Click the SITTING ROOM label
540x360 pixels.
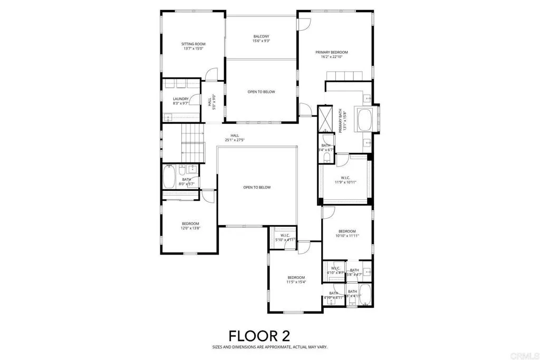(x=193, y=44)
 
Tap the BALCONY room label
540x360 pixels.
(x=262, y=37)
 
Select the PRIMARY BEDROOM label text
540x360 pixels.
(x=332, y=52)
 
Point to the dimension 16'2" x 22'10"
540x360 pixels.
(x=332, y=57)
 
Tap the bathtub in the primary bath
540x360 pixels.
(x=365, y=120)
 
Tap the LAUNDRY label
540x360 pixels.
(x=180, y=99)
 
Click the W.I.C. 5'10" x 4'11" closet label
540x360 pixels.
(x=285, y=238)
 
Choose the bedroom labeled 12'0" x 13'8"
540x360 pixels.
(x=190, y=226)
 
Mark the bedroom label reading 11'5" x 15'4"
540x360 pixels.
(x=296, y=280)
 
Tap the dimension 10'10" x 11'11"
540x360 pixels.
(x=347, y=236)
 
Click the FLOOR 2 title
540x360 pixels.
(x=259, y=335)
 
